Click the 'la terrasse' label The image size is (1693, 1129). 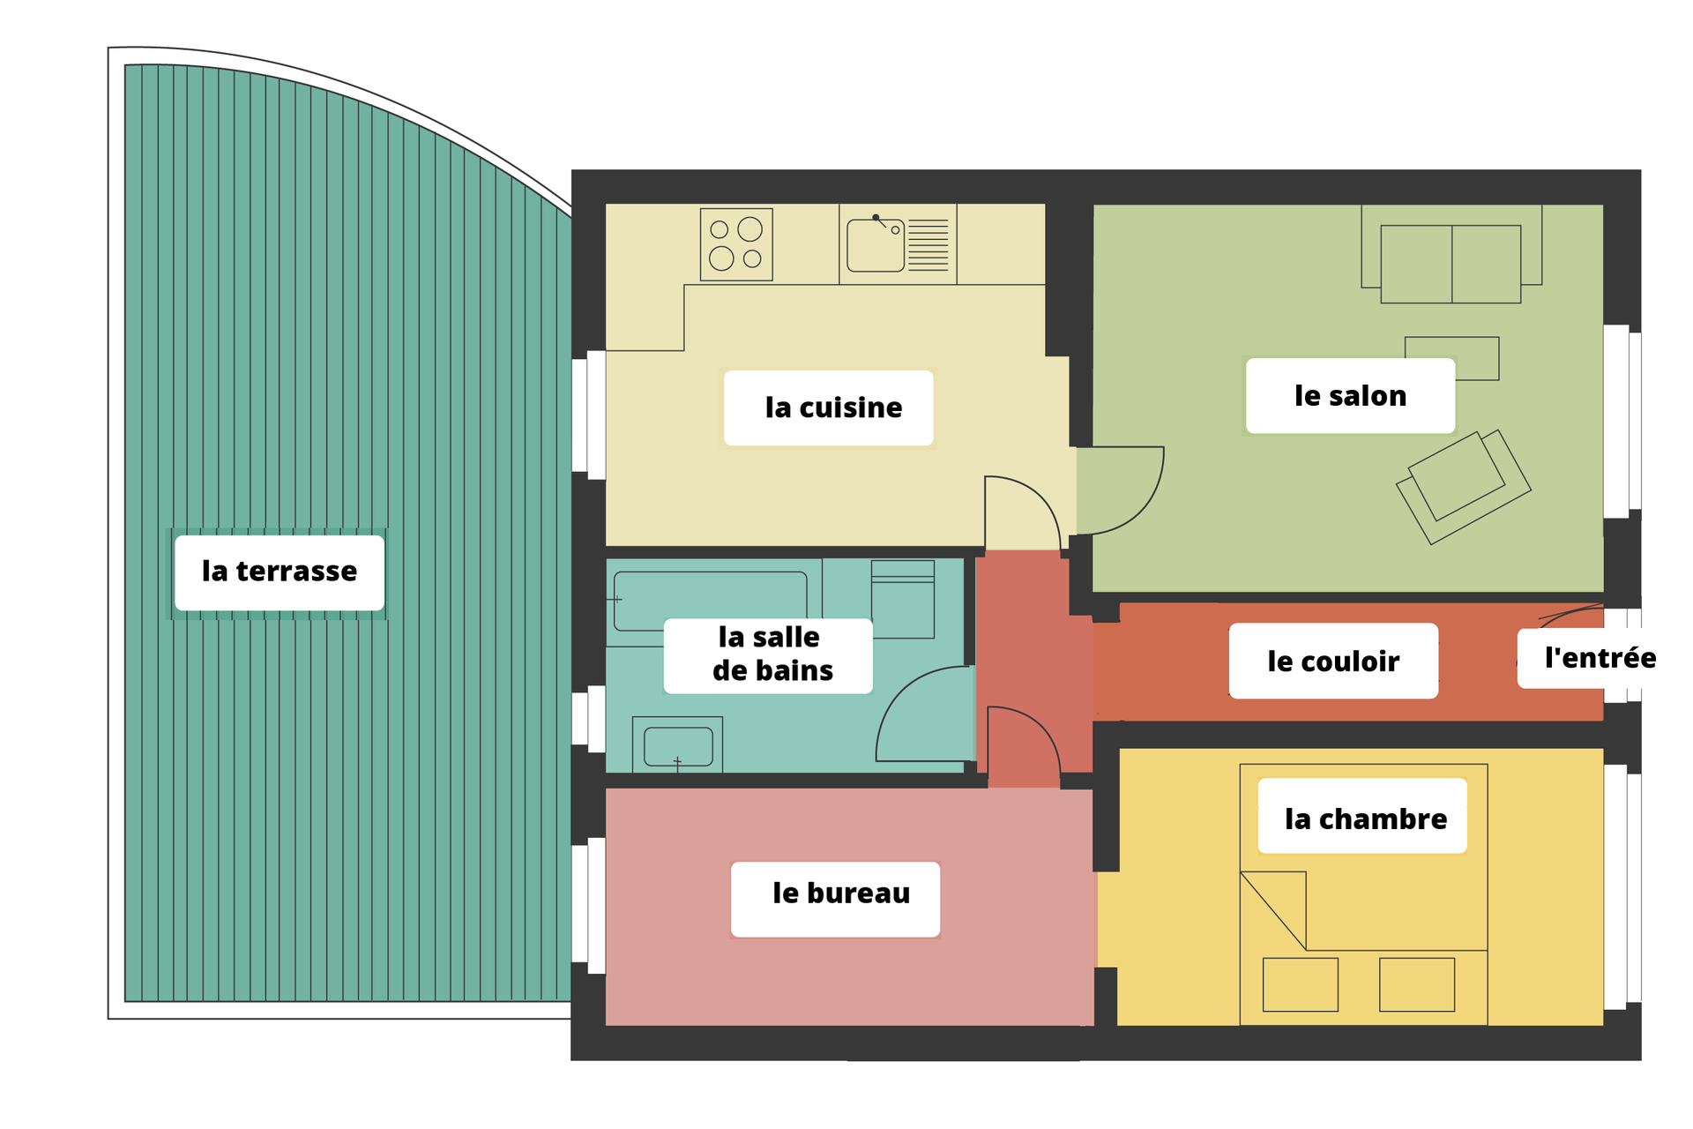[x=280, y=572]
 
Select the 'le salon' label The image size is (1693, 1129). [x=1350, y=396]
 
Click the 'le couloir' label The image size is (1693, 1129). [x=1333, y=662]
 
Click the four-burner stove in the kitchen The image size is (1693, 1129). [x=736, y=244]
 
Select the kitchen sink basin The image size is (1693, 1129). [x=876, y=245]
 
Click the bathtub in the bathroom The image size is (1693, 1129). [x=711, y=602]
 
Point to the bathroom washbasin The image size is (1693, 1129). [x=678, y=746]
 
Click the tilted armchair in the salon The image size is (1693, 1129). [x=1464, y=487]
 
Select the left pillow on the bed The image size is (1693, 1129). [x=1301, y=984]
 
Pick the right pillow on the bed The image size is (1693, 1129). [x=1417, y=984]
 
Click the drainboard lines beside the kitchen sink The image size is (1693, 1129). [x=929, y=245]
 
